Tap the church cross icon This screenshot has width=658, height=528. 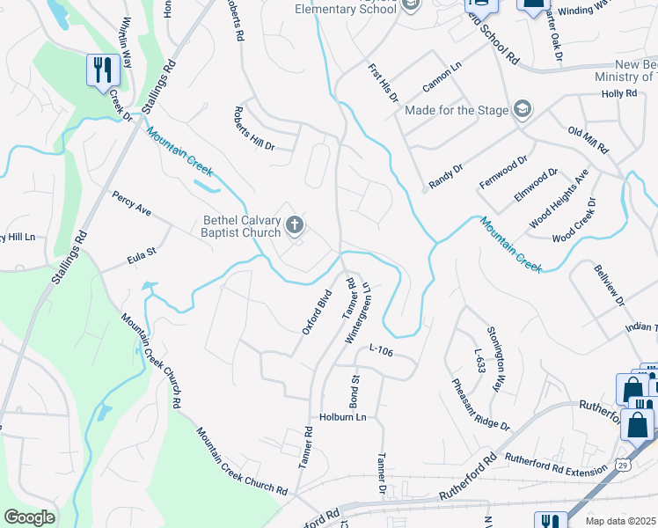click(x=295, y=227)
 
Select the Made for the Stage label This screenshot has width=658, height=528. click(x=457, y=110)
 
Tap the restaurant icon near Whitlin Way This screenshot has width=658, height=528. click(x=103, y=70)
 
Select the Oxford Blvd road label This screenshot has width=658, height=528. click(x=316, y=311)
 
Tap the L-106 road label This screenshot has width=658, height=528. click(x=380, y=349)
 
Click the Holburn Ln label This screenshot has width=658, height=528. click(x=342, y=416)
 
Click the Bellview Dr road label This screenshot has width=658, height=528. click(x=608, y=286)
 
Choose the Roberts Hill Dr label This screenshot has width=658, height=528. click(x=254, y=128)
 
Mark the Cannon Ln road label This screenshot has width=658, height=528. click(x=442, y=77)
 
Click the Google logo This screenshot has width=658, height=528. click(x=30, y=517)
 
